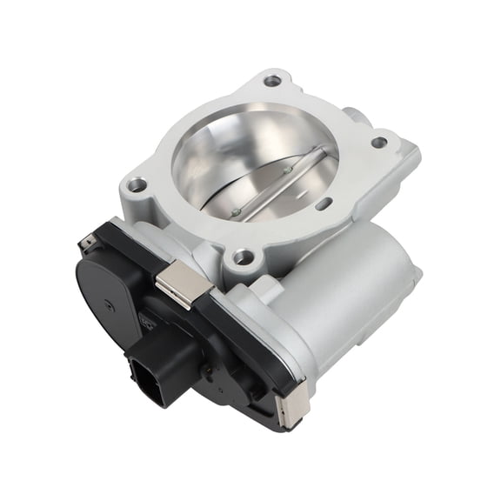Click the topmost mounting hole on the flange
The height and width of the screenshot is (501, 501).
(273, 81)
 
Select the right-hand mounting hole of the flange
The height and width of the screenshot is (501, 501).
(379, 142)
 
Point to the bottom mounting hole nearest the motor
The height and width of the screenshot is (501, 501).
(243, 257)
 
